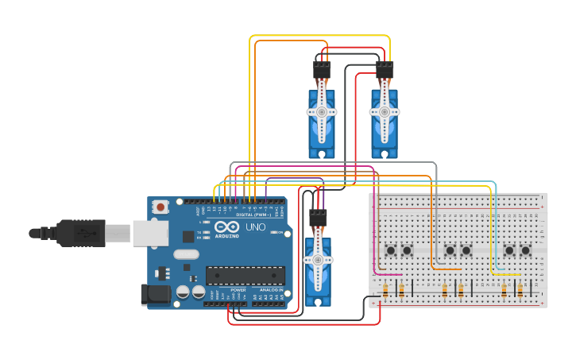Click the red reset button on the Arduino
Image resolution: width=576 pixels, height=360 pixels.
click(x=161, y=207)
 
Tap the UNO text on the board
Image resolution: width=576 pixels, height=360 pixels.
click(x=255, y=227)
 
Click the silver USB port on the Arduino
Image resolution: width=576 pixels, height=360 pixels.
click(x=149, y=232)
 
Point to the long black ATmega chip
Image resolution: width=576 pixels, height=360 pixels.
click(x=245, y=275)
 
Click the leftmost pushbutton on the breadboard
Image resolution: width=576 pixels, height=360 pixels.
click(x=391, y=250)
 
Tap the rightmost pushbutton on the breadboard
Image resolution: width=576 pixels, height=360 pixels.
click(x=525, y=250)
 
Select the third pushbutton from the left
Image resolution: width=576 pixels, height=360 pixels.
click(x=450, y=250)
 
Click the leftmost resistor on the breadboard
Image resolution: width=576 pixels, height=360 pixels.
click(x=386, y=290)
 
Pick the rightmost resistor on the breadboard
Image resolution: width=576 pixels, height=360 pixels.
click(x=520, y=290)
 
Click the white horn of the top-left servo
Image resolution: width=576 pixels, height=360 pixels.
click(x=322, y=113)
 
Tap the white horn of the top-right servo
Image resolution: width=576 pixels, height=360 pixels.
click(x=385, y=111)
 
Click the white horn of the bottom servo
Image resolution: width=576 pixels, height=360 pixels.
click(x=318, y=261)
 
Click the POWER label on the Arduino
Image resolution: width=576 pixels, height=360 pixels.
click(x=238, y=290)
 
